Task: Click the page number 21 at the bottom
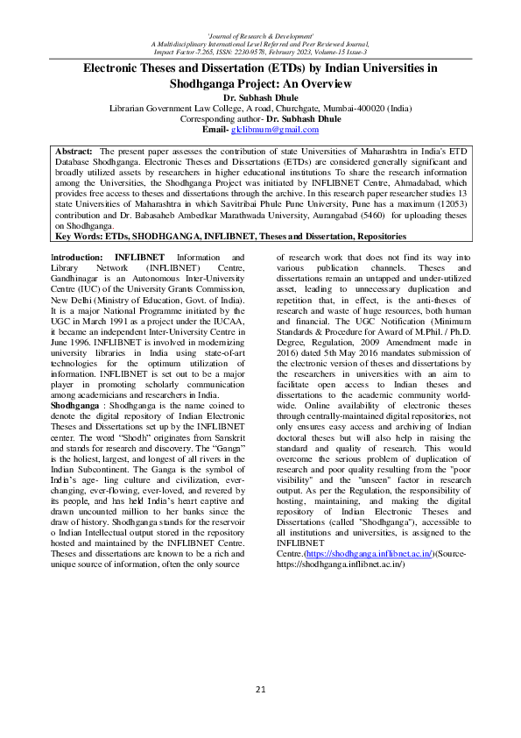(260, 689)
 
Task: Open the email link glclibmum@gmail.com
(273, 130)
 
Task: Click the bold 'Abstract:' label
(74, 152)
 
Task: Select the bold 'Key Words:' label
(81, 236)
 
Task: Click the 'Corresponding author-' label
(221, 118)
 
